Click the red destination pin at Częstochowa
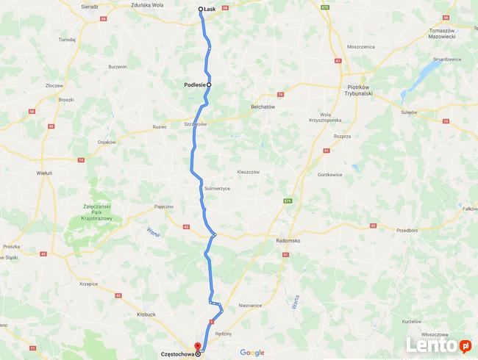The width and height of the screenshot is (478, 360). coord(196,346)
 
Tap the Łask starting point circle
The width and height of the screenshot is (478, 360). coord(201,10)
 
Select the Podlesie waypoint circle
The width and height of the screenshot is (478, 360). coord(209,84)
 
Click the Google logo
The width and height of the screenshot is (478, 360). coord(252,353)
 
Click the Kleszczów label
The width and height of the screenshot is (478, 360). coord(249,171)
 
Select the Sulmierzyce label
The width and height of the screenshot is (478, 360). coord(218,188)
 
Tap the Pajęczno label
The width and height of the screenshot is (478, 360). coord(163,207)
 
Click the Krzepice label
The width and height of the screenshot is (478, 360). coord(89,282)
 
